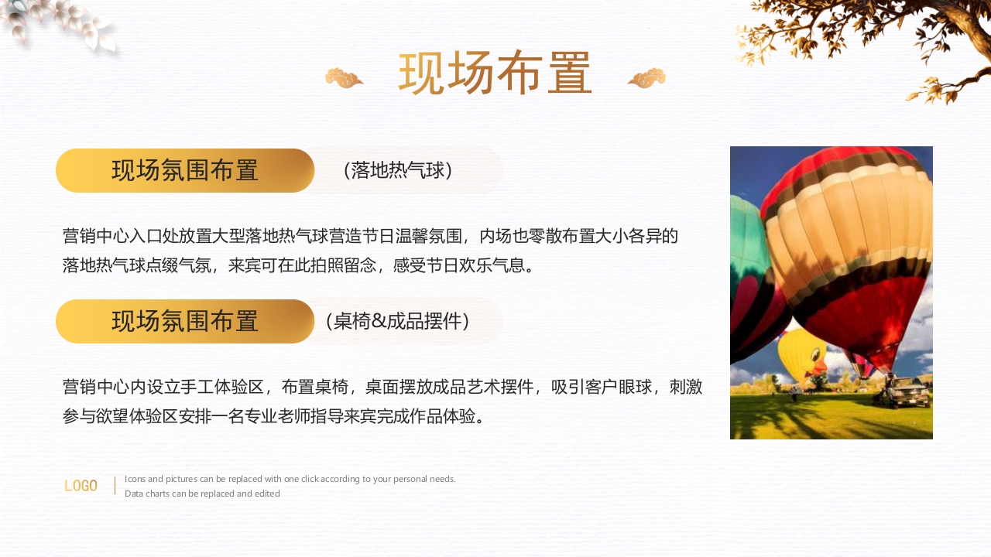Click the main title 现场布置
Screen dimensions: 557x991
[495, 74]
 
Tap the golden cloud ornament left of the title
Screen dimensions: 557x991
[344, 78]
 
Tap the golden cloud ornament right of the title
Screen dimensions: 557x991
[646, 78]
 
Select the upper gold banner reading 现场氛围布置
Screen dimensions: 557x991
[185, 170]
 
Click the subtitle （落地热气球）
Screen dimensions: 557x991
[397, 170]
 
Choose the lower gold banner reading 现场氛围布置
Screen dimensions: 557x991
[185, 321]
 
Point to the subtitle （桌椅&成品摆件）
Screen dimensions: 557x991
[397, 321]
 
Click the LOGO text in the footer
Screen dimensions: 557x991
[81, 486]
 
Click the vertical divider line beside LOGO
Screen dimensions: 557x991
[115, 486]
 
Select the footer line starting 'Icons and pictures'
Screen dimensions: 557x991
[290, 479]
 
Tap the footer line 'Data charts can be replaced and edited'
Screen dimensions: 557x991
[202, 494]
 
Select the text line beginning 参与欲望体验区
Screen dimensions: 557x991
[276, 417]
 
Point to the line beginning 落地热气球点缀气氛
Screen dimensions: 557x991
[299, 266]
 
